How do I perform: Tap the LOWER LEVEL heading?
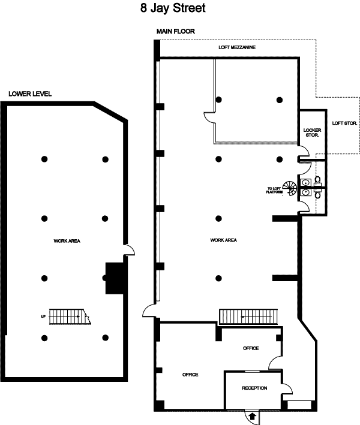point(30,94)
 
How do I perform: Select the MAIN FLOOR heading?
point(176,31)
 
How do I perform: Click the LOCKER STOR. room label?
point(312,132)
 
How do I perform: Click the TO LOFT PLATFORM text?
point(275,191)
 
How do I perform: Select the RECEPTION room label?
point(254,388)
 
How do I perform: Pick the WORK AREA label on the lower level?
point(67,241)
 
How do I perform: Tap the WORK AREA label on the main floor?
point(223,240)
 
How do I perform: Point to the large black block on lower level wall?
point(114,278)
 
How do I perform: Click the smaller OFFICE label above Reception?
point(250,348)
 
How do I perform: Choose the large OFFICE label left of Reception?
point(190,375)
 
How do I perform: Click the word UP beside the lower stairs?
point(43,315)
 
